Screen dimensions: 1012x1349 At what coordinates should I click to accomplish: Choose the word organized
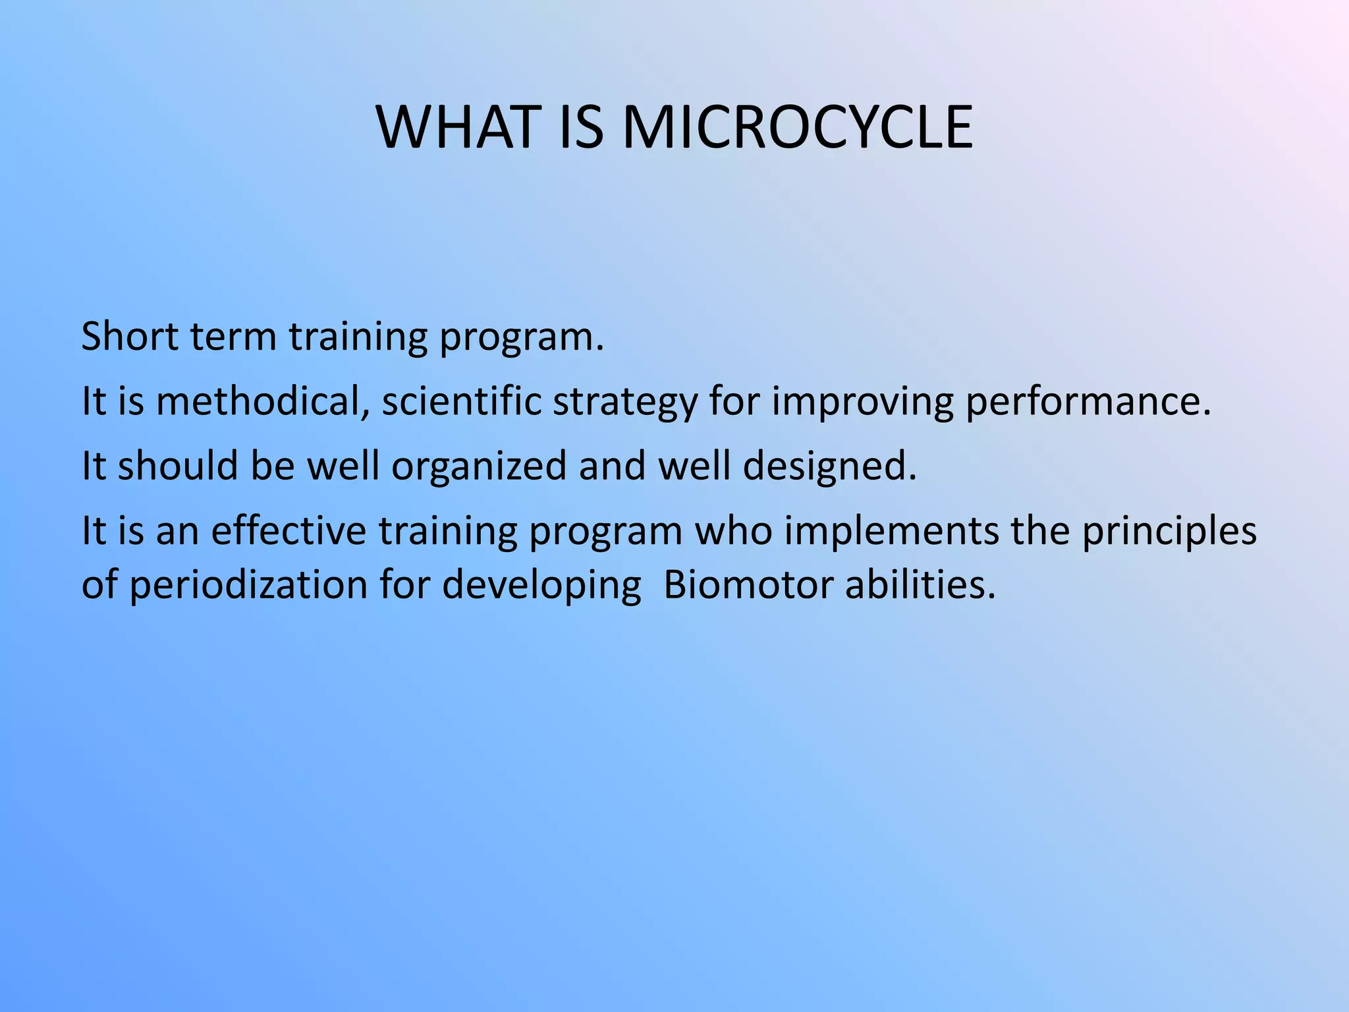tap(479, 466)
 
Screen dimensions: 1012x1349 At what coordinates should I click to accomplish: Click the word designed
tap(829, 466)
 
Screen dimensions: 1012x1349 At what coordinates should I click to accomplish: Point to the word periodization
tap(248, 585)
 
